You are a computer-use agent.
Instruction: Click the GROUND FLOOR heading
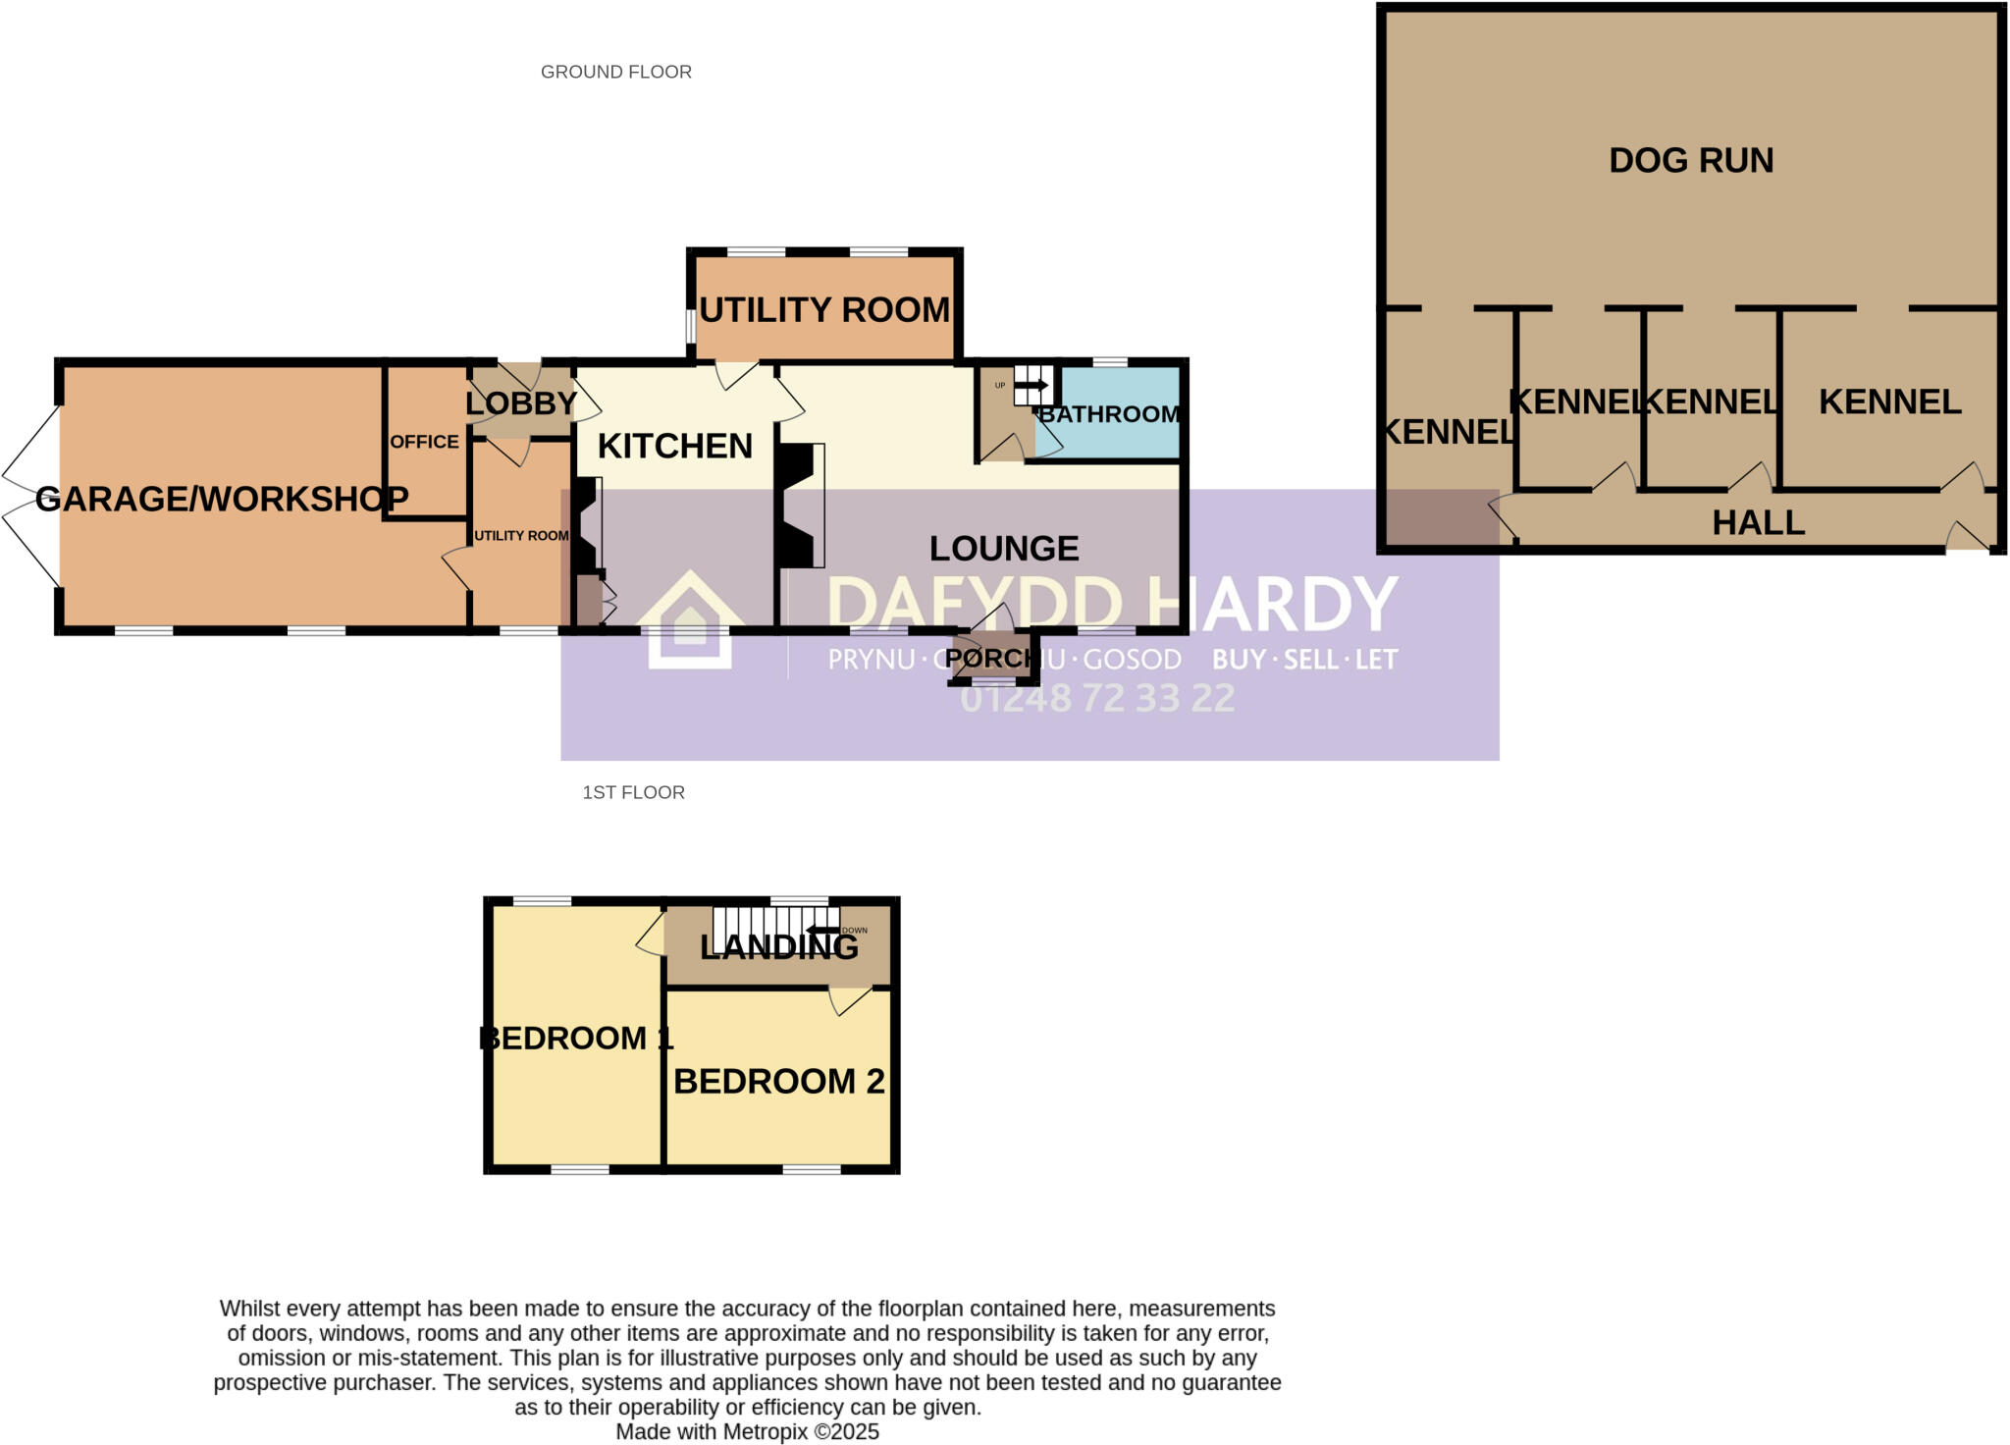tap(616, 72)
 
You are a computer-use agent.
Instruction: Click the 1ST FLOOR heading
tap(633, 792)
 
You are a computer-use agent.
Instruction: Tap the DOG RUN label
tap(1691, 160)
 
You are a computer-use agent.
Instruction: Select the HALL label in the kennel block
tap(1759, 522)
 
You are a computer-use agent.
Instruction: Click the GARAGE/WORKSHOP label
tap(222, 499)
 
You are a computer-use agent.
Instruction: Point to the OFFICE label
tap(424, 442)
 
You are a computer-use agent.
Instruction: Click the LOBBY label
tap(520, 402)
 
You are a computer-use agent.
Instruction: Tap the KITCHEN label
tap(675, 446)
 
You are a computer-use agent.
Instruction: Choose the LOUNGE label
tap(1004, 548)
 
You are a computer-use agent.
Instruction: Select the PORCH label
tap(988, 658)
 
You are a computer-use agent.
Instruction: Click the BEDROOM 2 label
tap(779, 1081)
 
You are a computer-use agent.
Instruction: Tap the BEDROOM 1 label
tap(576, 1038)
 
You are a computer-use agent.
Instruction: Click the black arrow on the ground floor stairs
tap(1031, 385)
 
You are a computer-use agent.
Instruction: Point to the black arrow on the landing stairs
tap(822, 930)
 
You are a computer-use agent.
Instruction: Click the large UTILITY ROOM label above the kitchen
tap(824, 309)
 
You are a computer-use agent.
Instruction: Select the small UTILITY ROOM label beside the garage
tap(521, 535)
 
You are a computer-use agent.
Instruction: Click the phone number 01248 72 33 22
tap(1097, 698)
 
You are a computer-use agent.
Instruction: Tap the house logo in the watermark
tap(690, 620)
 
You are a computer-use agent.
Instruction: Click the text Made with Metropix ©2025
tap(747, 1431)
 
